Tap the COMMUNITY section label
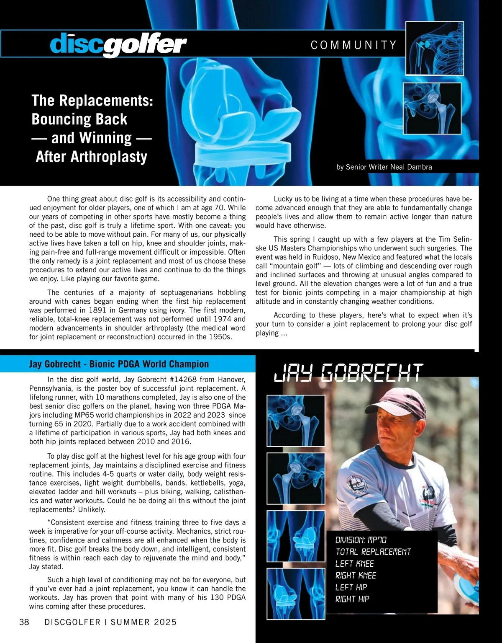pos(353,45)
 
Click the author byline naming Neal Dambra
pos(384,167)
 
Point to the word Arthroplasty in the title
pos(92,157)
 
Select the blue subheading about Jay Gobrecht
pos(119,364)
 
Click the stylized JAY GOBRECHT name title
pos(348,373)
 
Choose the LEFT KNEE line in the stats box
pos(354,564)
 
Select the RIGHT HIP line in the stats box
pos(352,599)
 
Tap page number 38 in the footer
pos(24,622)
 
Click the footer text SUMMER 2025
pos(143,622)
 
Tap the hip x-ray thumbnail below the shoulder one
pos(432,108)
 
